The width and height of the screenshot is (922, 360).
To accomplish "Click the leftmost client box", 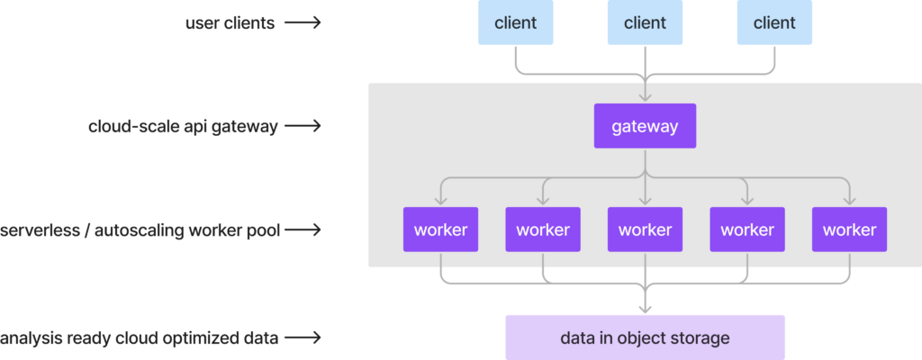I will [x=515, y=22].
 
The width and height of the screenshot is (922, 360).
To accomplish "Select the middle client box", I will [x=645, y=22].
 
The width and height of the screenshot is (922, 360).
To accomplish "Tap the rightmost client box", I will [x=774, y=22].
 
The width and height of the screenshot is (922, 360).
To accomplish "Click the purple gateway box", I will [x=645, y=126].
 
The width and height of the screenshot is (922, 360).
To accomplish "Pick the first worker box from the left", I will [x=440, y=229].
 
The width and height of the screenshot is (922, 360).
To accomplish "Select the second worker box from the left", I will [x=543, y=229].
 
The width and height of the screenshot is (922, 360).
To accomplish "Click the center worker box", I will [x=645, y=229].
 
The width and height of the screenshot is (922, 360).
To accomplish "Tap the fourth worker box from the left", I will [x=747, y=229].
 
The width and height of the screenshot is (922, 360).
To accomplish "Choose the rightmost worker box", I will [x=849, y=229].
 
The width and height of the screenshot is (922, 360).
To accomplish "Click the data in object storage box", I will [x=645, y=337].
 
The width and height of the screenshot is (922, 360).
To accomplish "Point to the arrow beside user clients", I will [x=303, y=22].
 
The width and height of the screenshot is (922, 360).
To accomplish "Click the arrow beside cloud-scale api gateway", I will [x=303, y=126].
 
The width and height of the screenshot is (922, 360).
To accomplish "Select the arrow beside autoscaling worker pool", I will [x=303, y=230].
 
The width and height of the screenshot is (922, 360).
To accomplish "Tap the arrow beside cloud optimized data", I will [x=303, y=338].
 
